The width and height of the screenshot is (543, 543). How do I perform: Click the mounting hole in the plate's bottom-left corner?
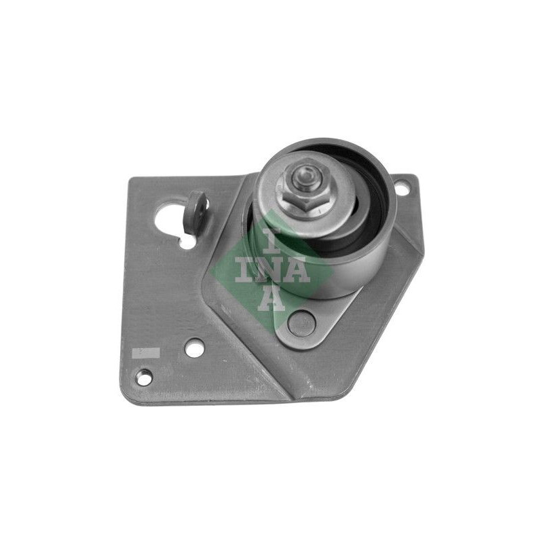[144, 376]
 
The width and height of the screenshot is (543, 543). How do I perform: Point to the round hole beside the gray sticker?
[195, 348]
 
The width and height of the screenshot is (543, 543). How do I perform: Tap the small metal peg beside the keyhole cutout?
[195, 211]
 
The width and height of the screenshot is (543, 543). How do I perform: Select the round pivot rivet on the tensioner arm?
[301, 324]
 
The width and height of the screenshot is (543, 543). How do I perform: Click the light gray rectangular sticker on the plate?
[146, 353]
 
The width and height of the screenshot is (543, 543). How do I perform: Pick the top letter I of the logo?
[270, 241]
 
